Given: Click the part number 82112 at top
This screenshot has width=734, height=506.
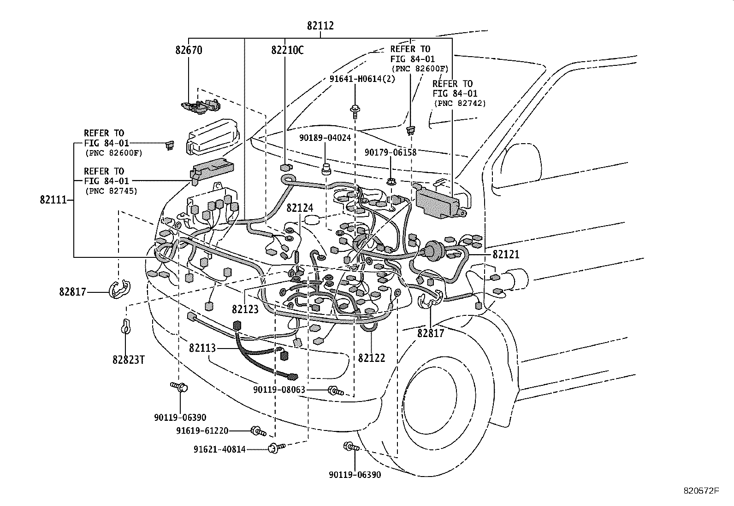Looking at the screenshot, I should click(x=320, y=26).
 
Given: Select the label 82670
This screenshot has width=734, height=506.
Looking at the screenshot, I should click(x=189, y=50).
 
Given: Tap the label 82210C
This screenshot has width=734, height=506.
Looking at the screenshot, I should click(x=287, y=50).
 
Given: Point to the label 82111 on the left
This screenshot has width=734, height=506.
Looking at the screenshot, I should click(x=53, y=200).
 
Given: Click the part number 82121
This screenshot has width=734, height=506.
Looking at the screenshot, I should click(x=506, y=254).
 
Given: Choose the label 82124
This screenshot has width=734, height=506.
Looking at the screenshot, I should click(x=300, y=208).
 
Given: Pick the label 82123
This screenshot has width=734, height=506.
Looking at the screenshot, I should click(x=245, y=309).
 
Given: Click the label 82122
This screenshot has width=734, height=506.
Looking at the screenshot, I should click(x=371, y=358).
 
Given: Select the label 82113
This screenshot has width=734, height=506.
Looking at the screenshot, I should click(x=202, y=348).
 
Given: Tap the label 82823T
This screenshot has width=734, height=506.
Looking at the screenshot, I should click(x=129, y=359).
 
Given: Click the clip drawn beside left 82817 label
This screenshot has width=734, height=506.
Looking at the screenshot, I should click(x=119, y=290).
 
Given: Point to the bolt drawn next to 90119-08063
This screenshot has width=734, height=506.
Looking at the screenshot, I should click(x=336, y=392).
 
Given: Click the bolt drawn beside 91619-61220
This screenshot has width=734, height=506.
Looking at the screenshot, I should click(x=257, y=431).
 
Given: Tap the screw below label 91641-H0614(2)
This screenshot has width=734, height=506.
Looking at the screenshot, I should click(x=355, y=111).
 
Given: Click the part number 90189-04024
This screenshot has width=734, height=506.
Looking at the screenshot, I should click(x=325, y=138).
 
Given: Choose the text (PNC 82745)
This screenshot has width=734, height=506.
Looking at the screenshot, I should click(x=111, y=191).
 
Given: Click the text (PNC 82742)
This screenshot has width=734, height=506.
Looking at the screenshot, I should click(x=459, y=103).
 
